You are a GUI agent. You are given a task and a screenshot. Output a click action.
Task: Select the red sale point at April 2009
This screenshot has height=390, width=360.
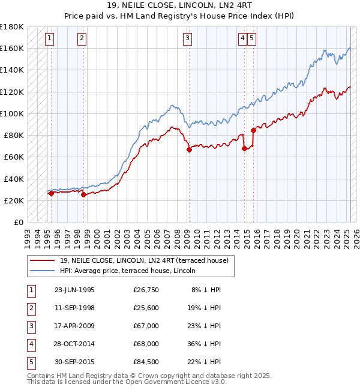click(x=189, y=150)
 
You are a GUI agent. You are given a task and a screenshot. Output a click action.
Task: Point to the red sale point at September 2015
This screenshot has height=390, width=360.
click(x=253, y=130)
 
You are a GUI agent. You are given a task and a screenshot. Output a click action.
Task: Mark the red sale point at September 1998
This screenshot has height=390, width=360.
click(x=83, y=194)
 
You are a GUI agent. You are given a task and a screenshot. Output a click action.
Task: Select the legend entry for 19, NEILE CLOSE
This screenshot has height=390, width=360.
click(x=144, y=260)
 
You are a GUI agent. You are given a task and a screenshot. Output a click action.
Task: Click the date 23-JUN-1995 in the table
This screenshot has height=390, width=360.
click(x=74, y=290)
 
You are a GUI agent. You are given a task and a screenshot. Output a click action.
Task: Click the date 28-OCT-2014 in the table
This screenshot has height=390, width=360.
click(x=74, y=344)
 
